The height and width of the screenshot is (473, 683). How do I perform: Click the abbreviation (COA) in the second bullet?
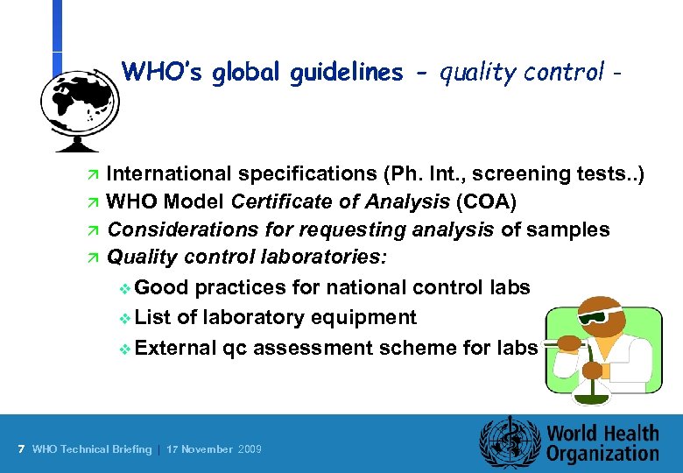point(486,201)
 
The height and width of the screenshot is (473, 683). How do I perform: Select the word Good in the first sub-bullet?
point(163,287)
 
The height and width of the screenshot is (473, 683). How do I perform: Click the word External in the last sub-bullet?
point(176,347)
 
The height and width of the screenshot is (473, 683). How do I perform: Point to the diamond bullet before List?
point(123,317)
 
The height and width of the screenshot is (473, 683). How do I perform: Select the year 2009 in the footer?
point(250,449)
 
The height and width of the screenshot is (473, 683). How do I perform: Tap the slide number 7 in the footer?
point(20,449)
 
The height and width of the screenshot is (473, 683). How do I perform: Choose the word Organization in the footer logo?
point(603,454)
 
